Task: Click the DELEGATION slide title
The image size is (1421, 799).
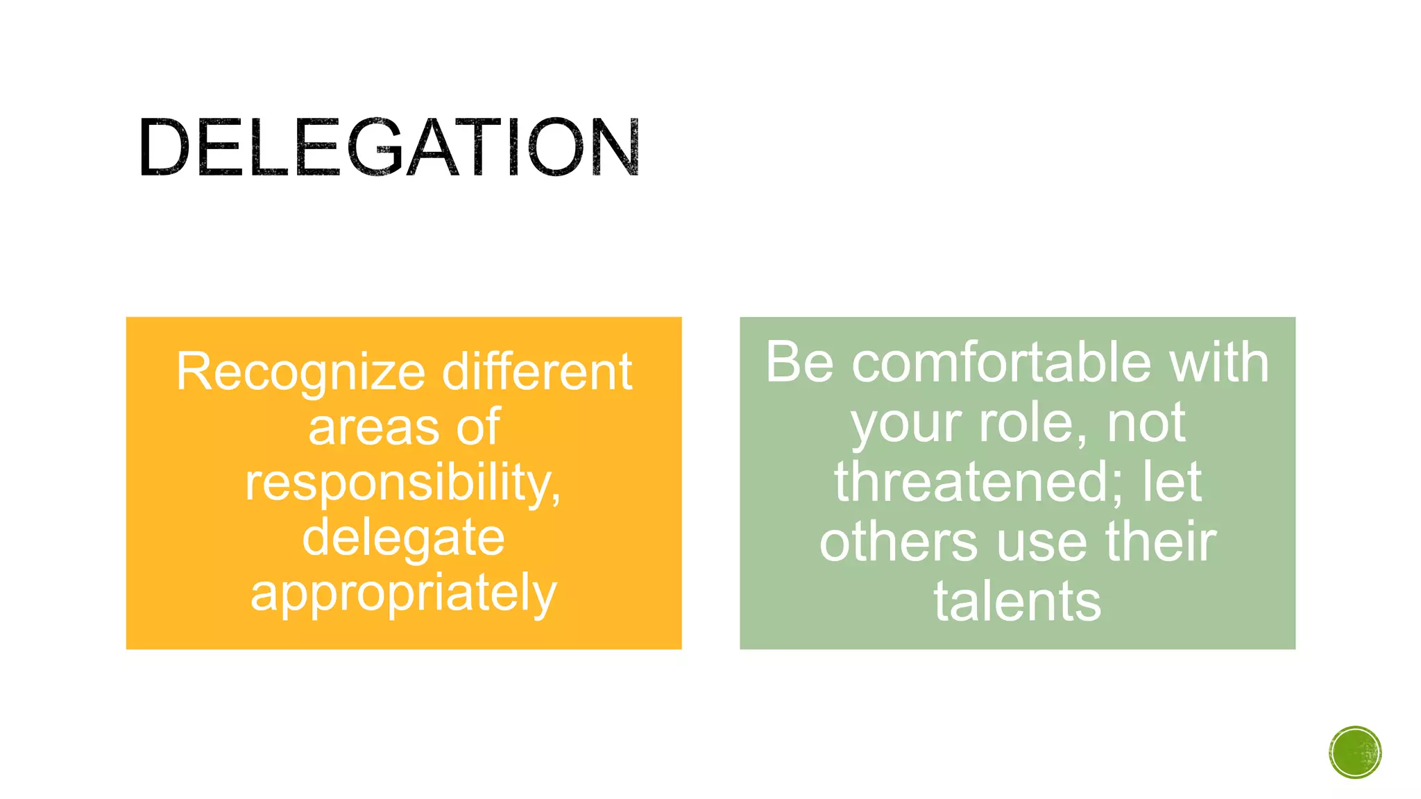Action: pos(389,147)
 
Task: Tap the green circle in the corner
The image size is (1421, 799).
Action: pos(1355,753)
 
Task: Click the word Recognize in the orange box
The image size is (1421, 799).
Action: pos(300,373)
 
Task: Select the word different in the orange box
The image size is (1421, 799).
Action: pos(537,372)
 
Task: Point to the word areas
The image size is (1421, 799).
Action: pos(374,427)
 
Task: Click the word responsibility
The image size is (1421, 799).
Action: pos(403,483)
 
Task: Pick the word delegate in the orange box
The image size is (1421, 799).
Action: pos(403,538)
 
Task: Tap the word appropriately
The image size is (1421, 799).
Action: pos(403,594)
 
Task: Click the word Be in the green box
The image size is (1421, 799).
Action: pos(799,362)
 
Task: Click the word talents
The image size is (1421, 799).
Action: pos(1017,601)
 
